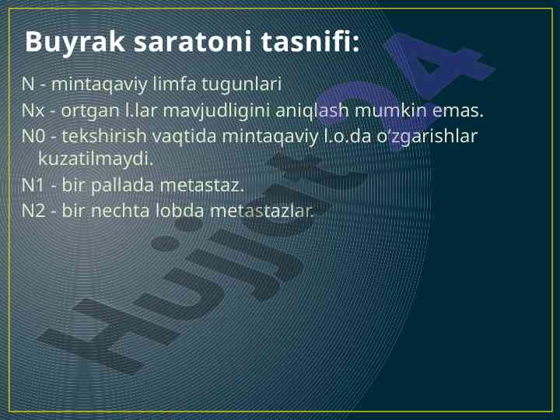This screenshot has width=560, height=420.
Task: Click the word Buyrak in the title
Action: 75,43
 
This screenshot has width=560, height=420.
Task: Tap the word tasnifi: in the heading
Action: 310,41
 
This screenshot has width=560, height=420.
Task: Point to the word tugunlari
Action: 242,85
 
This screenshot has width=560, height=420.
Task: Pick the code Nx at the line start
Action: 33,110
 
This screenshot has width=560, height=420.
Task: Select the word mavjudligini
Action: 216,110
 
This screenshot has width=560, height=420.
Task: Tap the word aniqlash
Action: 312,110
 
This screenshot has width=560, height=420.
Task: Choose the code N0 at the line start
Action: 33,136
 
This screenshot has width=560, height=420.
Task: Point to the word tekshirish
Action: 104,135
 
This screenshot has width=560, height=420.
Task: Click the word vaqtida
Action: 184,136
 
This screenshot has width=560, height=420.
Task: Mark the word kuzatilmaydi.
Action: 96,159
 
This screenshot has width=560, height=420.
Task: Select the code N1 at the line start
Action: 33,185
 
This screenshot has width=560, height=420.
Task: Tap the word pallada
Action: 123,186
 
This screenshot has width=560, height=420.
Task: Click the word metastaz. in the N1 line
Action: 201,186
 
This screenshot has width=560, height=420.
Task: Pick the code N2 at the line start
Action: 33,211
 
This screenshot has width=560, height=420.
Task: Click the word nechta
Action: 121,210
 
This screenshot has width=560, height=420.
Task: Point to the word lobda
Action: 180,210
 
